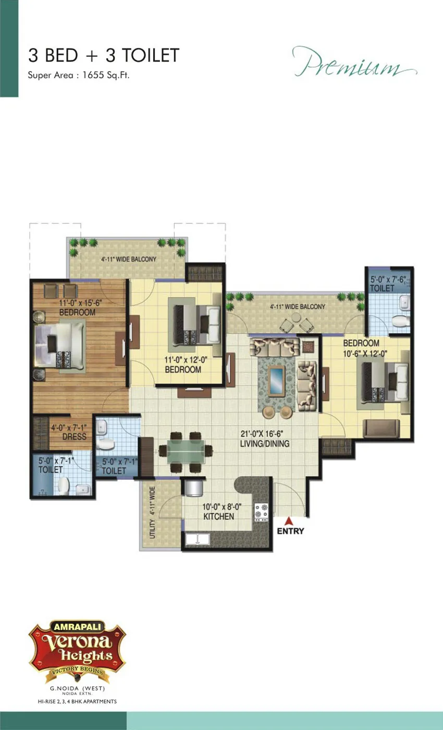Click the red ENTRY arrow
click(x=289, y=521)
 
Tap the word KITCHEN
click(x=218, y=517)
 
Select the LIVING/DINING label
click(x=265, y=444)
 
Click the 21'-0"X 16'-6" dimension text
click(x=262, y=434)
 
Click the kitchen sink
click(x=198, y=539)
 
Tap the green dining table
click(x=186, y=452)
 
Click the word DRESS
click(x=74, y=437)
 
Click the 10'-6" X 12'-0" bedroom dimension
click(x=365, y=354)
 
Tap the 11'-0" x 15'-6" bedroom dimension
click(x=80, y=303)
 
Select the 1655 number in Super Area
click(x=93, y=75)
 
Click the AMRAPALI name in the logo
click(x=77, y=627)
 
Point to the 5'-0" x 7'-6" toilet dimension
click(x=388, y=279)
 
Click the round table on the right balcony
click(x=296, y=318)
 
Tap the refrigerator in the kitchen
click(x=194, y=488)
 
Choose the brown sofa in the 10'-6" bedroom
click(x=381, y=428)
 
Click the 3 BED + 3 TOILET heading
click(x=104, y=55)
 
